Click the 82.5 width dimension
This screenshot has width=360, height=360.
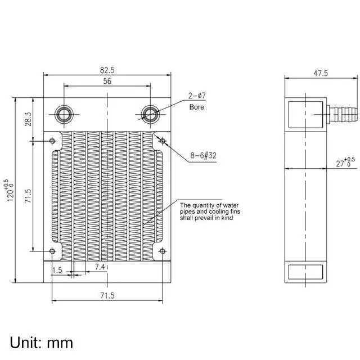[x=107, y=71]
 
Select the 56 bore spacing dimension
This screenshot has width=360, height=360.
[x=107, y=82]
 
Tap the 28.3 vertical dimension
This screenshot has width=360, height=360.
[x=28, y=119]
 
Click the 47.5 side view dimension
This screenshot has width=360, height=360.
[x=305, y=73]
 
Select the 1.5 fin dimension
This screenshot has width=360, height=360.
[x=57, y=270]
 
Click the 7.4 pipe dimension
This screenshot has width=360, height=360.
[x=100, y=266]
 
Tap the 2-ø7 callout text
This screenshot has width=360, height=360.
[x=197, y=96]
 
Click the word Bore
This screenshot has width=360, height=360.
[x=197, y=107]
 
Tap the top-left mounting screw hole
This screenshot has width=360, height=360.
[x=52, y=140]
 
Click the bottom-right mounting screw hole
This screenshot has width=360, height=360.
[x=162, y=251]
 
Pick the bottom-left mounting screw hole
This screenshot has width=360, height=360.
[x=52, y=251]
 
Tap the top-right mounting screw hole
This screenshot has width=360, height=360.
[x=162, y=140]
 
